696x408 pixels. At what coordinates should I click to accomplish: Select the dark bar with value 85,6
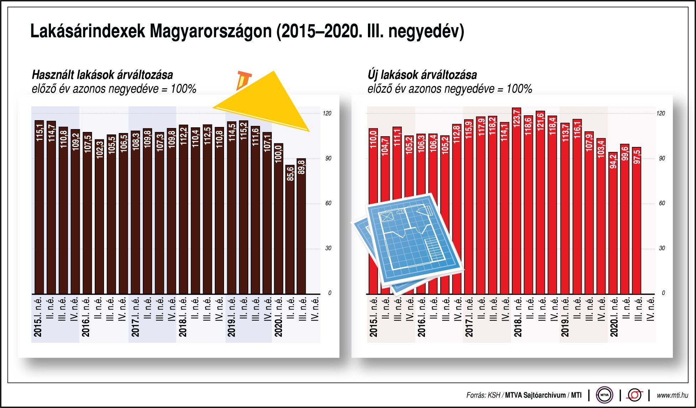290,232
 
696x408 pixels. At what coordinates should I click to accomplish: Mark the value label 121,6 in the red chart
540,121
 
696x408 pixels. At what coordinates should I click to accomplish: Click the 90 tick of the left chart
328,158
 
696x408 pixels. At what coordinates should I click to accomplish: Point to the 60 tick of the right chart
662,203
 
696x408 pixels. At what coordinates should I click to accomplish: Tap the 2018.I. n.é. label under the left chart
182,317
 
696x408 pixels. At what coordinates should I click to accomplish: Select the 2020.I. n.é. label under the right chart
613,317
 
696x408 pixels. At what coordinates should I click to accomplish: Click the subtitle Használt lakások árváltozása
102,75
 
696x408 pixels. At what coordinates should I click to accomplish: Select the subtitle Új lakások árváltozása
422,75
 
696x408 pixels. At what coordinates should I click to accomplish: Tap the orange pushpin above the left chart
243,80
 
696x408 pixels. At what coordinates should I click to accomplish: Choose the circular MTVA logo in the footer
604,395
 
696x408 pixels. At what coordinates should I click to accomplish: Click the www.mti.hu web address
672,395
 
